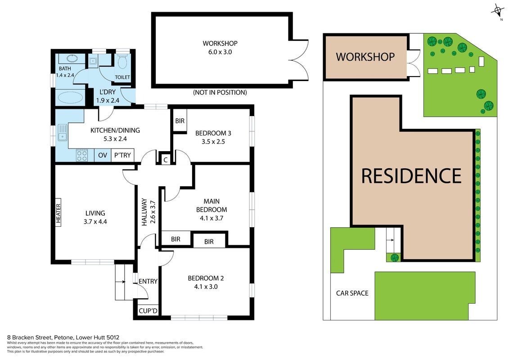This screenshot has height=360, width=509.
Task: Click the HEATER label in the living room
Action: (x=59, y=213)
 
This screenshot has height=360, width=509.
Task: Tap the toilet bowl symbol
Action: (x=122, y=61)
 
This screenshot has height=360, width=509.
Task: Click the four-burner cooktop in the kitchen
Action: (x=82, y=155)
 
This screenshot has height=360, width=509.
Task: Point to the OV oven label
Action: (x=103, y=155)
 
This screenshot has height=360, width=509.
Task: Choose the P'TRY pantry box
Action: (x=122, y=155)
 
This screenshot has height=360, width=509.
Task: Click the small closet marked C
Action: (x=166, y=159)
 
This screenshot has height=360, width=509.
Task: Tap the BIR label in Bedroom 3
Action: (x=180, y=121)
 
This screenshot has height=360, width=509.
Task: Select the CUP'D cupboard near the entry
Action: (x=148, y=311)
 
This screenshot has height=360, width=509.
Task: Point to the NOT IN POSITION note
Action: (x=220, y=93)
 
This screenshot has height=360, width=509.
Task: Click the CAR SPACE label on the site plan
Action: (x=352, y=293)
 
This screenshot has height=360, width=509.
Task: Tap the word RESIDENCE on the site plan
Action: (x=411, y=176)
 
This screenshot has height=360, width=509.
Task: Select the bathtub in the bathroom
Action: (x=70, y=97)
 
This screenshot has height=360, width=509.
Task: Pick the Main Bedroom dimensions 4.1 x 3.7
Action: (x=212, y=218)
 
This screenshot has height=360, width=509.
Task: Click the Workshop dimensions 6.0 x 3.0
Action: (x=220, y=52)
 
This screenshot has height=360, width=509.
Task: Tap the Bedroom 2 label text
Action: (x=206, y=278)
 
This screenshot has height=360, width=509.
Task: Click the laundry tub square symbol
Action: (x=93, y=60)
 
